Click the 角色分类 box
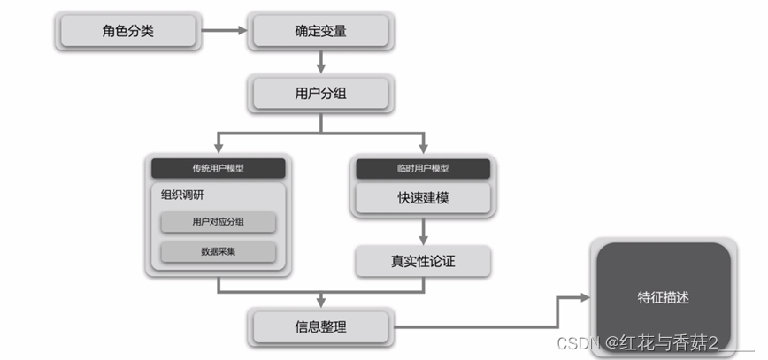[x=127, y=32]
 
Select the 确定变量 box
[x=320, y=32]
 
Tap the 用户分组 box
[x=320, y=92]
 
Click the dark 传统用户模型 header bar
[x=219, y=168]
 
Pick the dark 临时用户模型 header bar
[x=423, y=168]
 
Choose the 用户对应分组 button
[x=219, y=222]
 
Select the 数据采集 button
[x=219, y=251]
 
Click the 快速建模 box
[x=423, y=197]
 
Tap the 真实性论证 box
[x=423, y=262]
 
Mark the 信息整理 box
[x=320, y=326]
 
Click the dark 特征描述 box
[x=663, y=298]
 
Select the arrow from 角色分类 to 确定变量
[x=225, y=32]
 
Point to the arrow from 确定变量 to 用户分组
[x=320, y=62]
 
